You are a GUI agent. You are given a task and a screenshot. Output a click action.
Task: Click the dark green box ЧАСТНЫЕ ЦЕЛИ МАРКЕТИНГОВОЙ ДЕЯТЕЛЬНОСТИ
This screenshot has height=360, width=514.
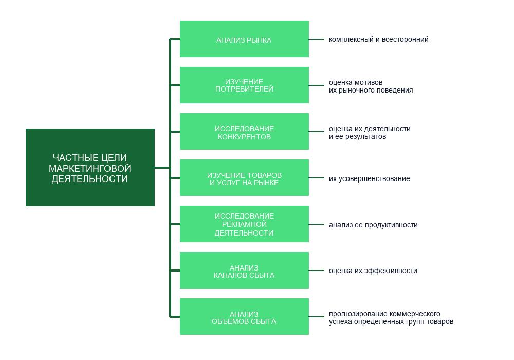[x=90, y=167]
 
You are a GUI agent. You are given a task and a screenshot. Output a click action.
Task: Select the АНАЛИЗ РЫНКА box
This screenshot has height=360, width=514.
[x=244, y=39]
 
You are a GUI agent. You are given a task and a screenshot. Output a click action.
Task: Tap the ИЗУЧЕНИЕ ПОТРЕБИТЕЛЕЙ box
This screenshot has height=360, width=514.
[x=244, y=85]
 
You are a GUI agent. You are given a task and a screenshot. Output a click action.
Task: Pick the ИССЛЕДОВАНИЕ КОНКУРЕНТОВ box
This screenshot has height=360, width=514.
[x=244, y=131]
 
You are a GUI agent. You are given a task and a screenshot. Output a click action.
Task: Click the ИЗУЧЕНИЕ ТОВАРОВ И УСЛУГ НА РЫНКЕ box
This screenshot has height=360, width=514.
[x=244, y=178]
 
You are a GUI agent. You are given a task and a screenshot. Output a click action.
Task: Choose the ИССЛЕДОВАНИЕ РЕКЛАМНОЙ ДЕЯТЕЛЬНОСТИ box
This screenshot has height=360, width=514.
[x=244, y=224]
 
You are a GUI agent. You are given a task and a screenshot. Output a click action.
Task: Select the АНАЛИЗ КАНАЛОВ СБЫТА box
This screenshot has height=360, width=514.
[x=244, y=270]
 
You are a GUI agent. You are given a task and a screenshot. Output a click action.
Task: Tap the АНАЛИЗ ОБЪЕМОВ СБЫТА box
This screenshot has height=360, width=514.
[x=244, y=316]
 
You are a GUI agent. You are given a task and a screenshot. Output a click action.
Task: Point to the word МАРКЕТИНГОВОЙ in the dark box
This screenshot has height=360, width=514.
[x=90, y=168]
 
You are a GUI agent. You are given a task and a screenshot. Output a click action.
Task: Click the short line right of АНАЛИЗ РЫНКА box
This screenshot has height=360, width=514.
[x=316, y=39]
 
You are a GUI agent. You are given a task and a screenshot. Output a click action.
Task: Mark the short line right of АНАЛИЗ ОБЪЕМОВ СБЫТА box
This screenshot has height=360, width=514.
[x=316, y=317]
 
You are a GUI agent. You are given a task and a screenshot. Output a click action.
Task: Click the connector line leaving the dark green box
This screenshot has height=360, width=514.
[x=162, y=168]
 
